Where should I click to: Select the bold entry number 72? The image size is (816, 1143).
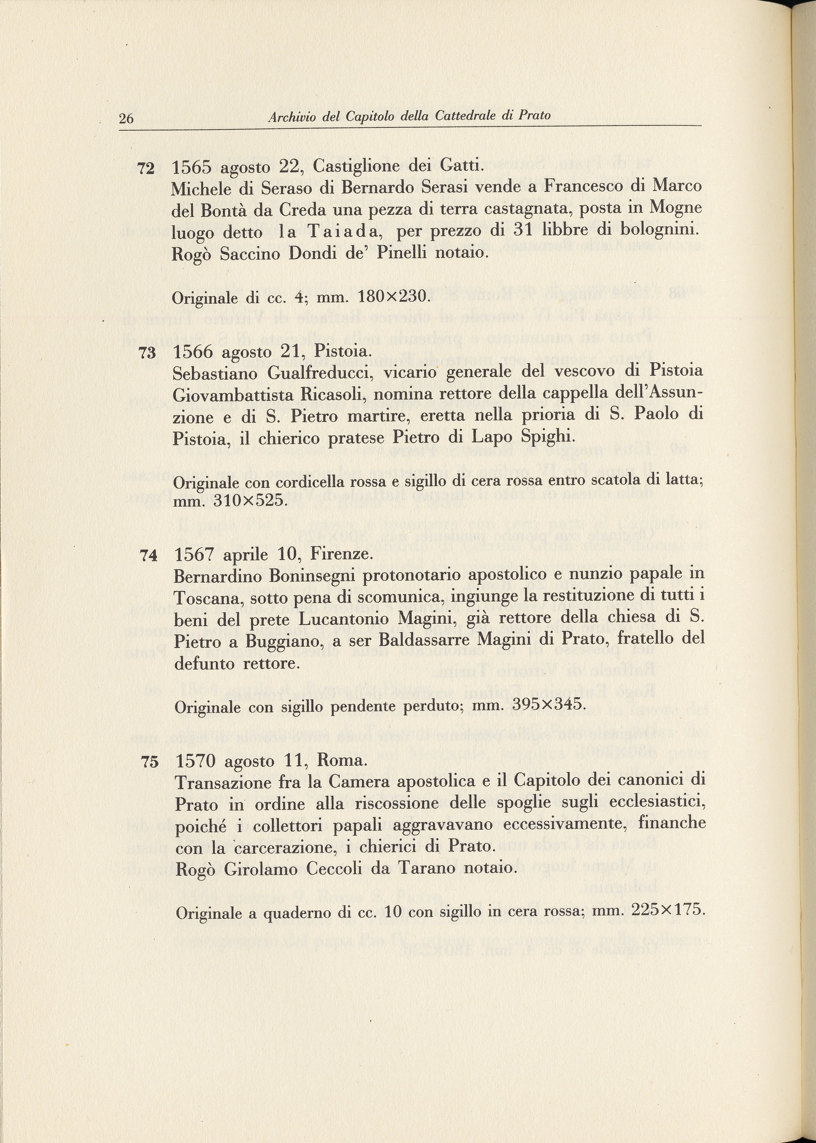pyautogui.click(x=146, y=169)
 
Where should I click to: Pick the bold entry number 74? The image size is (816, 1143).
pyautogui.click(x=149, y=556)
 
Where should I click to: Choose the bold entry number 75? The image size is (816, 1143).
pyautogui.click(x=150, y=762)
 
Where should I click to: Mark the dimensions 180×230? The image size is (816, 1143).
pyautogui.click(x=393, y=296)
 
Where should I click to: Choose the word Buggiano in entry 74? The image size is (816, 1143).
pyautogui.click(x=283, y=642)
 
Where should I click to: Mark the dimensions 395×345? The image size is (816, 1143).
pyautogui.click(x=548, y=705)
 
